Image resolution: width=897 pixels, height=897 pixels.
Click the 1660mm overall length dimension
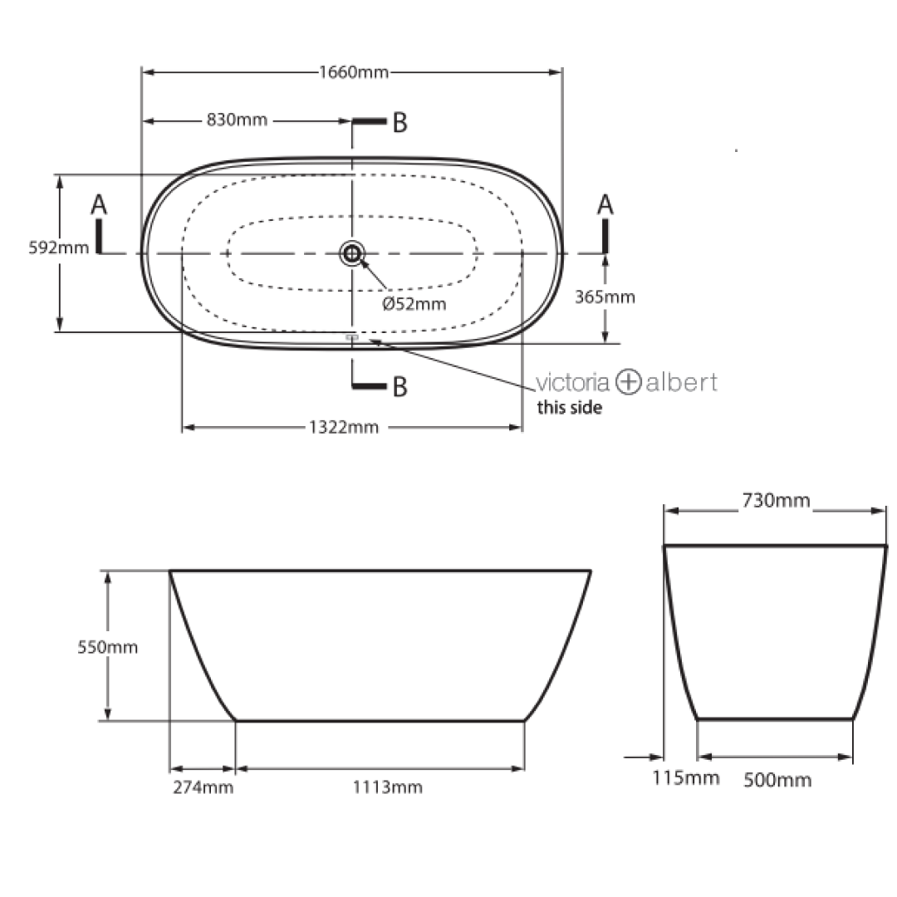click(353, 72)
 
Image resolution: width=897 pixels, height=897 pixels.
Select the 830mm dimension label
click(237, 120)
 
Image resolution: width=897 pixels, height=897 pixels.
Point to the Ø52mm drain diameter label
click(414, 303)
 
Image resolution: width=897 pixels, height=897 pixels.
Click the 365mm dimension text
click(605, 297)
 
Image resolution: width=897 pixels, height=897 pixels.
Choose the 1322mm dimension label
click(344, 428)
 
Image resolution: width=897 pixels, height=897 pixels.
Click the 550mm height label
click(108, 647)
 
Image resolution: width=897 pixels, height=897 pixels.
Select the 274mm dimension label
click(203, 787)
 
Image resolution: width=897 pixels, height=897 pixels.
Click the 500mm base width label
click(777, 780)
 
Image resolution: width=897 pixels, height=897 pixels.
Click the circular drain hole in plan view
click(352, 253)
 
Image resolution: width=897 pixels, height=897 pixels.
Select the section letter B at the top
click(399, 123)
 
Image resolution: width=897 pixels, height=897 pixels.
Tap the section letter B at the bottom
click(399, 387)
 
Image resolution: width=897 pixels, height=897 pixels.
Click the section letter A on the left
click(99, 203)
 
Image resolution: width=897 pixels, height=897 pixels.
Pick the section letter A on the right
click(605, 203)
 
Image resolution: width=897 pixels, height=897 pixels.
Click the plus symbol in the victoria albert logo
click(628, 382)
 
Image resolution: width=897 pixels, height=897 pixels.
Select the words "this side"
click(569, 408)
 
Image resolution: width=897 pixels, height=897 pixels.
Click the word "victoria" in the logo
click(573, 382)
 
